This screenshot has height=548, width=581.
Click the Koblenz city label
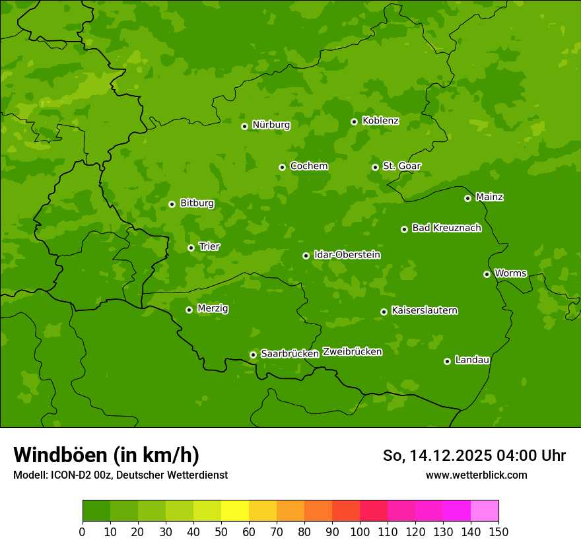tap(380, 121)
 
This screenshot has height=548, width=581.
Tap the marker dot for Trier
tap(191, 248)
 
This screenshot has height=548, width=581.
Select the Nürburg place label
tap(271, 125)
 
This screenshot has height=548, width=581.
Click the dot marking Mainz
tap(467, 198)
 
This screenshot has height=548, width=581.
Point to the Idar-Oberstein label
tap(347, 255)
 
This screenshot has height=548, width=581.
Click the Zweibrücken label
tap(352, 352)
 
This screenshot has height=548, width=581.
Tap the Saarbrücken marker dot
tap(253, 355)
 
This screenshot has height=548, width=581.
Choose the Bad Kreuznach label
tap(446, 228)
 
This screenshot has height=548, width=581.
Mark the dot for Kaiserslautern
tap(384, 312)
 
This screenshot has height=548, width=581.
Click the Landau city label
tap(472, 360)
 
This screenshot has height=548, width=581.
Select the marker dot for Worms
tap(487, 274)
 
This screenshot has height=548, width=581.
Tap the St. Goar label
tap(401, 166)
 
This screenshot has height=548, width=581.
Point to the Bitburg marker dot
tap(172, 204)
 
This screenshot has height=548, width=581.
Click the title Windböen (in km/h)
tap(106, 455)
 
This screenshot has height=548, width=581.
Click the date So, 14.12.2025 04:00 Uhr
tap(474, 456)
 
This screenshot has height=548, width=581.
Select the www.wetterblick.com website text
tap(476, 475)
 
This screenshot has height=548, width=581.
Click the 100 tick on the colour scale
tap(360, 531)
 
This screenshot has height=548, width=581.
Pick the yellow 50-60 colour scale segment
tap(235, 511)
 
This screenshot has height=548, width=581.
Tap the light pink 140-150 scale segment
tap(485, 511)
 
